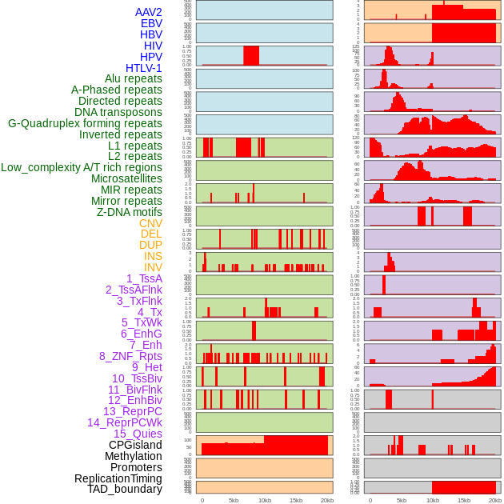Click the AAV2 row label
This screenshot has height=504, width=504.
tap(149, 12)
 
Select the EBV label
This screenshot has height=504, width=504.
tap(151, 23)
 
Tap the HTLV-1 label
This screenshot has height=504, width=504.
tap(144, 68)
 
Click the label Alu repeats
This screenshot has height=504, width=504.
tap(134, 78)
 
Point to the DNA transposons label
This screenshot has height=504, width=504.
tap(118, 112)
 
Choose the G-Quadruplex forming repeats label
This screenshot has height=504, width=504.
tap(85, 123)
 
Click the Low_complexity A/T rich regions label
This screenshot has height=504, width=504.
tap(82, 167)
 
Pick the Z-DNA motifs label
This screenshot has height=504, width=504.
tap(130, 212)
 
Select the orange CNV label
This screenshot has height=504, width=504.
tap(150, 223)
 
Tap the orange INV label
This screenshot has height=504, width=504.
tap(153, 267)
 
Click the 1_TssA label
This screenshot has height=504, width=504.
tap(144, 278)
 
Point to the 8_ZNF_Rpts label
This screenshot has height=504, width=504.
tap(130, 356)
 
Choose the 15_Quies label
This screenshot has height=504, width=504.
tap(138, 434)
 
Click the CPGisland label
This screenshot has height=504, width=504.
tap(135, 445)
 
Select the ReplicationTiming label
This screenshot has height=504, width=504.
tap(118, 478)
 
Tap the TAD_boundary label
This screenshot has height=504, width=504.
tap(124, 489)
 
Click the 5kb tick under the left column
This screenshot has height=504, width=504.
tap(234, 500)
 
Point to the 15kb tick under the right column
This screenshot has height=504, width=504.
tap(464, 500)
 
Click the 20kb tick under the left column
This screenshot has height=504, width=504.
tap(326, 500)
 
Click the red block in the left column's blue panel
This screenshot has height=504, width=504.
tap(251, 55)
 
